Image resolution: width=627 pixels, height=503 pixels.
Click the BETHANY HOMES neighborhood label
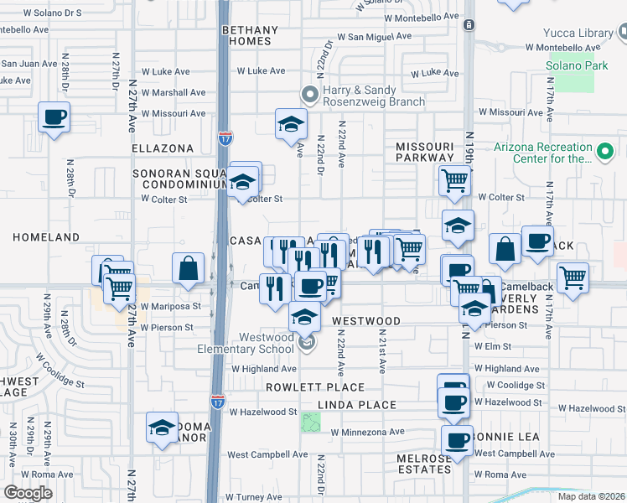246,35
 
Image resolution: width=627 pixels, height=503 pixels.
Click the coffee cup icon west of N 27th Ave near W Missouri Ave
54,117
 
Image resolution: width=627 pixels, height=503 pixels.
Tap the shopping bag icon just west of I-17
189,268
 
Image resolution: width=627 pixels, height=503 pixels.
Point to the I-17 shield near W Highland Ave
217,403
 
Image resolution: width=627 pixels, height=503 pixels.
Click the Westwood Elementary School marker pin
307,342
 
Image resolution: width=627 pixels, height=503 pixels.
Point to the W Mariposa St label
172,306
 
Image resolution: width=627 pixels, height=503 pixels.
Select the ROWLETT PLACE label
315,387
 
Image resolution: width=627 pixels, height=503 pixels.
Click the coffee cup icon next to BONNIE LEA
458,441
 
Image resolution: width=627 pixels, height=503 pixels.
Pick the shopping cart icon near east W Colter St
453,179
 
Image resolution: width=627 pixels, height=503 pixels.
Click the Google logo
28,493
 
